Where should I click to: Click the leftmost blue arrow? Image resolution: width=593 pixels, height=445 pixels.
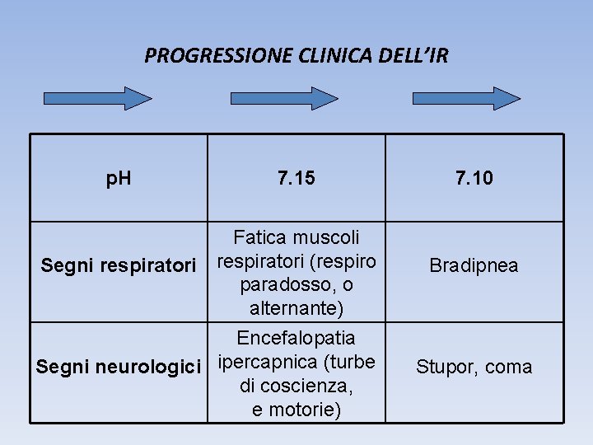[97, 98]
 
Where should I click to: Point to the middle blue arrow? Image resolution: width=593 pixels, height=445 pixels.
[282, 98]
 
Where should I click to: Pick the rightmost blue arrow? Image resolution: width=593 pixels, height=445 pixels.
[466, 98]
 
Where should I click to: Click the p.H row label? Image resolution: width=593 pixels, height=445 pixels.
[119, 177]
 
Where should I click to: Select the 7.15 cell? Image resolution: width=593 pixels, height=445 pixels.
[296, 177]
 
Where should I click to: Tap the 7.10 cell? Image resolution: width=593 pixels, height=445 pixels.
[474, 177]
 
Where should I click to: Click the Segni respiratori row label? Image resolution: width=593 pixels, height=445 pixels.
[119, 265]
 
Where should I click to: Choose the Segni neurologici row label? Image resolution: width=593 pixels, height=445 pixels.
[119, 365]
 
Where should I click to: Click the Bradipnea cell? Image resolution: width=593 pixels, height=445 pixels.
[474, 265]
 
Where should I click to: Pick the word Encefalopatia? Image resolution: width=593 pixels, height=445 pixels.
[296, 338]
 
